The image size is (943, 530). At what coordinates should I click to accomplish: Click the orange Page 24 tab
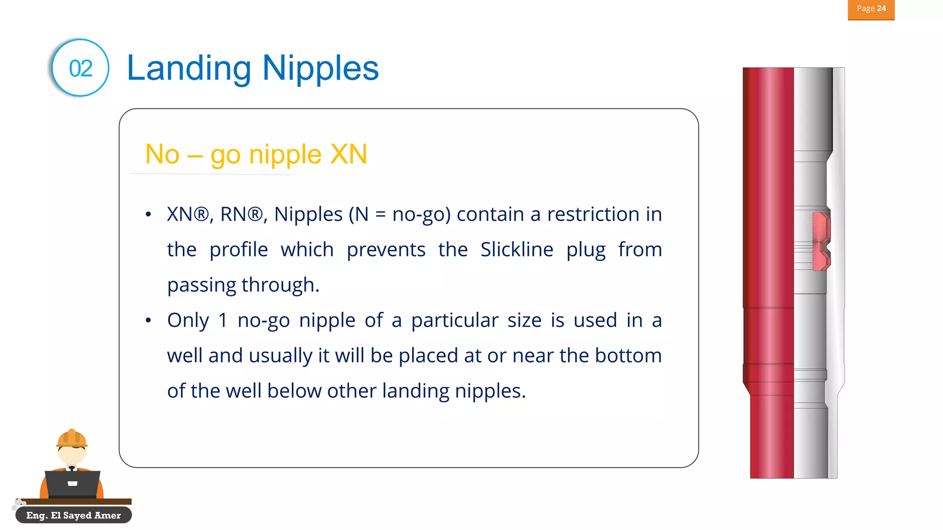point(871,9)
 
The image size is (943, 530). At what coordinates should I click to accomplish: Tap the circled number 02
point(81,68)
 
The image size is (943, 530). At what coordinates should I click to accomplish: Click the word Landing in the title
point(189,68)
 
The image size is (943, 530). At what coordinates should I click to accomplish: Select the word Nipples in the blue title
point(320,68)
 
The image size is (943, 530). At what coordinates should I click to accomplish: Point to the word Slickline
point(517,250)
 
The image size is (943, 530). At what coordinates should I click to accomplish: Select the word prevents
point(386,250)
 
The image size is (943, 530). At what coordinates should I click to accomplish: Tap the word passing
point(201,285)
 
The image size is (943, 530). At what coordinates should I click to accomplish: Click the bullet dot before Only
point(148,320)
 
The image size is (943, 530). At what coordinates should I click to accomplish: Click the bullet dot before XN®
point(148,214)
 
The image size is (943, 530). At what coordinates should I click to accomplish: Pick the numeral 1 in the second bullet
point(223,320)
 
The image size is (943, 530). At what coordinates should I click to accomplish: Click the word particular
point(454,320)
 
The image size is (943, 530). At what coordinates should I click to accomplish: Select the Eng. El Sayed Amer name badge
point(74,515)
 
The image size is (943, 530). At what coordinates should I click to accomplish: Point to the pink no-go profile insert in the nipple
point(821,242)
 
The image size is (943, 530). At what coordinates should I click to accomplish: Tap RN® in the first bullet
point(241,214)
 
